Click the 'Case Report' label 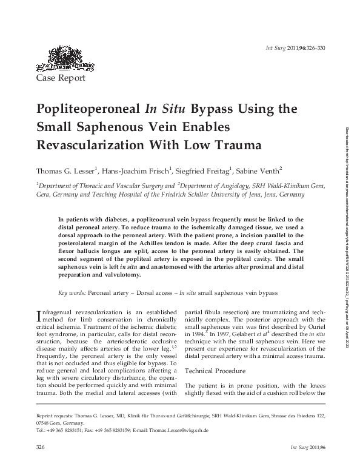pos(61,78)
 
